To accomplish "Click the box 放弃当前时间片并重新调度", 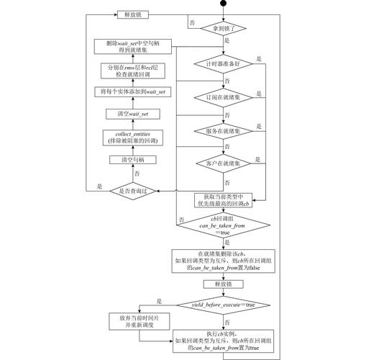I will click(134, 320).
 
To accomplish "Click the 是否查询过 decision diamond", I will click(134, 190).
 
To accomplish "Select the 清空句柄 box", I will click(134, 160).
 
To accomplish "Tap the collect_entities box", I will click(134, 137).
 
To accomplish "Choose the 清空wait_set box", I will click(134, 114).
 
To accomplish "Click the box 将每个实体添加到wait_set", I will click(134, 91).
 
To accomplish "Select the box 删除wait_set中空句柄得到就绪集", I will click(134, 47).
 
